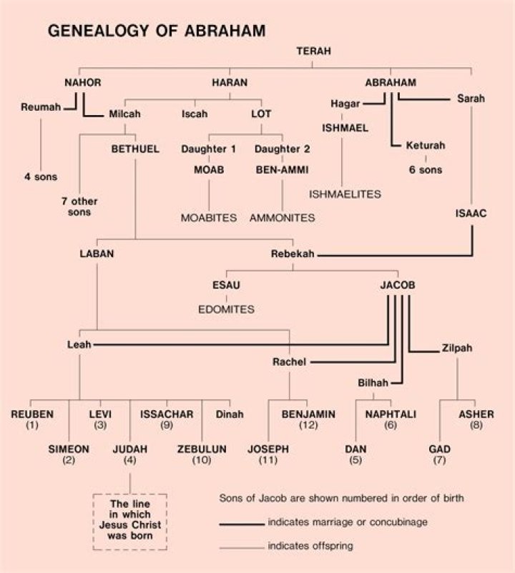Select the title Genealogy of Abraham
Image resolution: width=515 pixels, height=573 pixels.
[x=147, y=31]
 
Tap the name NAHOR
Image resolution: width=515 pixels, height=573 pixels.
[x=83, y=83]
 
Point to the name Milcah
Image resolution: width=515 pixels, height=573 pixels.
[x=124, y=114]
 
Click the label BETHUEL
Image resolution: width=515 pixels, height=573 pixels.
[x=133, y=149]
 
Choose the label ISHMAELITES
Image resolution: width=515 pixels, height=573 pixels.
[x=345, y=194]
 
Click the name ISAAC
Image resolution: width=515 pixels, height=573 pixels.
[x=471, y=212]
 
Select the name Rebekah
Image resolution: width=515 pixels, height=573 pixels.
[x=291, y=254]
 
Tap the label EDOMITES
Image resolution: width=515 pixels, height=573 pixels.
[x=226, y=309]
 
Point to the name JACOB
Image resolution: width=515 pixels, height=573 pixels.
[x=398, y=285]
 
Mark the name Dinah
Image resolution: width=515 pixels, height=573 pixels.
[x=230, y=414]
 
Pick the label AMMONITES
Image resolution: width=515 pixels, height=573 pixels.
[x=282, y=217]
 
